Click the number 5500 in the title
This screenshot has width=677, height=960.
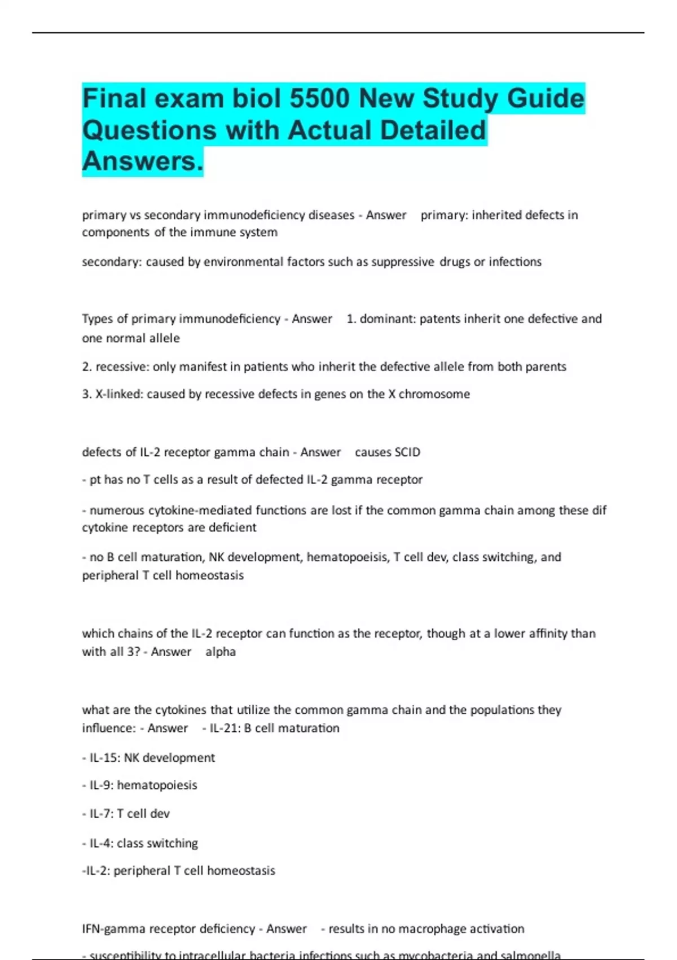(x=319, y=98)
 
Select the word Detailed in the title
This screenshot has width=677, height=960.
(x=433, y=130)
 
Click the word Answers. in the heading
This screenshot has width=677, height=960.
(x=143, y=161)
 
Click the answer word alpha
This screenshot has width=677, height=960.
(x=221, y=652)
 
